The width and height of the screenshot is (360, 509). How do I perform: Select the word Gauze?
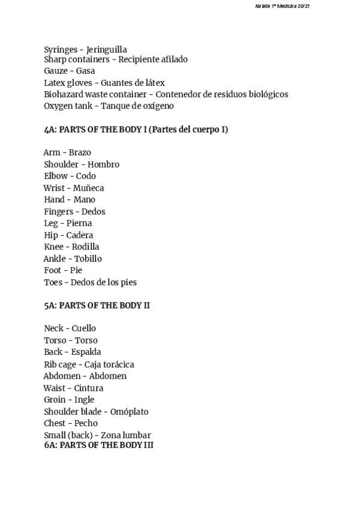pos(56,71)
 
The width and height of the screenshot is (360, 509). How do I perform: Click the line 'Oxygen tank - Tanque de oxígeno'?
pos(109,106)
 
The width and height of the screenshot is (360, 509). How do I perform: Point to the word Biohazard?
pos(65,94)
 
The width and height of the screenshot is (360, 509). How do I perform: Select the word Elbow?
pos(55,176)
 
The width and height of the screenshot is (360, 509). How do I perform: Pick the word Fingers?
pos(59,212)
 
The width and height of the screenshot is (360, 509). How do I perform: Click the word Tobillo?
pos(88,259)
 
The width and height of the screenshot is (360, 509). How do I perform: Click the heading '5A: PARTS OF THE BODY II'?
pos(97,306)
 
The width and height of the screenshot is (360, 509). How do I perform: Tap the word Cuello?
pos(83,329)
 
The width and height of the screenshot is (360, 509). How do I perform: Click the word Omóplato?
pos(129,412)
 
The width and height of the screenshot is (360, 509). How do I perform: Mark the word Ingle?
pos(84,400)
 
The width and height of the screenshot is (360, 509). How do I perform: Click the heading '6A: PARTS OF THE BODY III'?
pos(98,445)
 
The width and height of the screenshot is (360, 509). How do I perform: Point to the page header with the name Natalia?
pos(281,6)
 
